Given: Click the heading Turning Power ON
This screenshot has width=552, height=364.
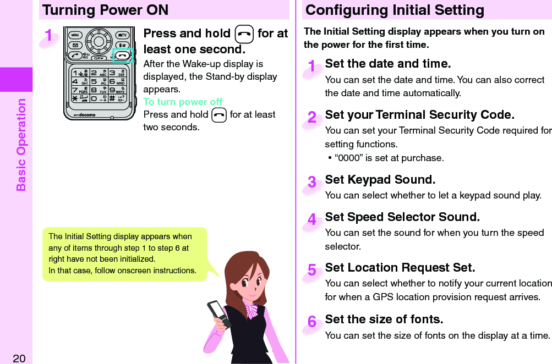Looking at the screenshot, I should coord(105,10).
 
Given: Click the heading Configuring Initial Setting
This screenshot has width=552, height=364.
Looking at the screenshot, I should coord(395,10).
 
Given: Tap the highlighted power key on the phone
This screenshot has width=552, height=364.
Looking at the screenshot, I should coord(122,56).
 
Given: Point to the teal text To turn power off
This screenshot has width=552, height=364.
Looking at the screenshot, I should coord(183,102).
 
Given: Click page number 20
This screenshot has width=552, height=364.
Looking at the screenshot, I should coord(19,359).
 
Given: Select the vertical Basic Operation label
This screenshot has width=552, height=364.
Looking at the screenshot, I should coord(21,145).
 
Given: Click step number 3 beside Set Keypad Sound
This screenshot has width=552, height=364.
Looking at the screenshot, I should coord(312,182).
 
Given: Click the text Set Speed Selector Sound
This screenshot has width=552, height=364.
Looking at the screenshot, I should coord(402,217).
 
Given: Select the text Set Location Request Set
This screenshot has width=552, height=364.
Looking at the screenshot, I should coord(400,268).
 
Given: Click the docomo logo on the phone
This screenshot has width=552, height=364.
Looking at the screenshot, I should coord(85,115).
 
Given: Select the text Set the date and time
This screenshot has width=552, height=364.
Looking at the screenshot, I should coord(387,64).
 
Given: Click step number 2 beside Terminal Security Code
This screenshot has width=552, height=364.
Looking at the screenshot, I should coord(312,117).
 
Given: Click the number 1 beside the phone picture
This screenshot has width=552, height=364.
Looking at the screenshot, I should coord(49,36).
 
